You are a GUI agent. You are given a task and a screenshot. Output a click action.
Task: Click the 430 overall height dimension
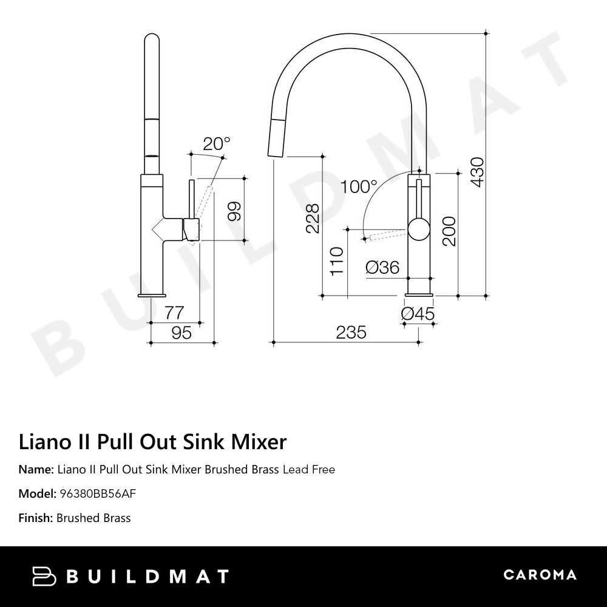pos(478,172)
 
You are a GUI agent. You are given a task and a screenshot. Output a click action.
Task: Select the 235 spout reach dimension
pos(351,332)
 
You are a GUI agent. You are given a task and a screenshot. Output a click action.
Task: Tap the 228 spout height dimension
pos(312,219)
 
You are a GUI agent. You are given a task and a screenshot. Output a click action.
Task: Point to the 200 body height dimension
pos(449,231)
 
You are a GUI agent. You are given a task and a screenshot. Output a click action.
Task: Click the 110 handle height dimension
pos(337,260)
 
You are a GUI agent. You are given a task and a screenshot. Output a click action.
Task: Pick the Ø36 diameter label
pos(382,266)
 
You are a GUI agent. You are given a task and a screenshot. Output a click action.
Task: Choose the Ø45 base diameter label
pos(418,314)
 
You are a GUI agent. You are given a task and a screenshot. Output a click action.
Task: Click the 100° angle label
pos(358,186)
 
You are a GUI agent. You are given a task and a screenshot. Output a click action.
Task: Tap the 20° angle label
pos(217,144)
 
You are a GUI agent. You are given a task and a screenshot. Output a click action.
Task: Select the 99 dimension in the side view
pos(234,210)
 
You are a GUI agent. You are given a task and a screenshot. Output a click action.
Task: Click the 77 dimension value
pos(174,313)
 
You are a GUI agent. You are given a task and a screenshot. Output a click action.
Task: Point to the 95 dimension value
pos(181,333)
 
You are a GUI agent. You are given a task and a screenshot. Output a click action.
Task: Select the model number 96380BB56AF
pos(97,493)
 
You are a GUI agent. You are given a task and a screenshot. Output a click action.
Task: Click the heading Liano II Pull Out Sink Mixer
pos(152,442)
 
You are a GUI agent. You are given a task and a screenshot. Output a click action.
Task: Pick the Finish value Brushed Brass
pos(93,518)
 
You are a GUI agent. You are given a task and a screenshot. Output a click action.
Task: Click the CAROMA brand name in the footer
pos(540,575)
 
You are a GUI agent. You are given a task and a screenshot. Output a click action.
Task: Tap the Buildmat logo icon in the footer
pos(44,576)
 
